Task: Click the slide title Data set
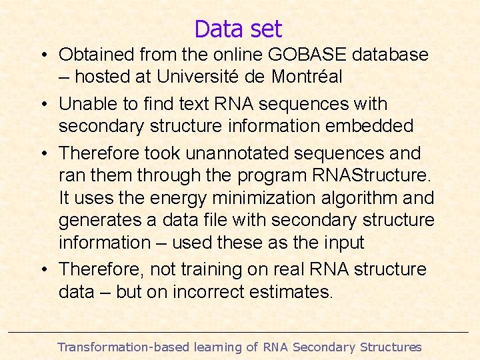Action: tap(238, 29)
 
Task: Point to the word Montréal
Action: tap(307, 77)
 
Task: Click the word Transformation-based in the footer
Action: tap(123, 347)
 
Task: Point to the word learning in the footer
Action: tap(217, 347)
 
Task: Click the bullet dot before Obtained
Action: tap(41, 55)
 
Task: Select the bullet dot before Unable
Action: tap(41, 104)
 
